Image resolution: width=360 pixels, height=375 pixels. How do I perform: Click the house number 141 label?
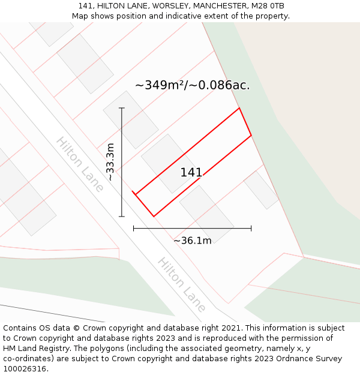[x=191, y=173]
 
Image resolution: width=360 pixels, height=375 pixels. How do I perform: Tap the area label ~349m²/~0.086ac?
[x=192, y=85]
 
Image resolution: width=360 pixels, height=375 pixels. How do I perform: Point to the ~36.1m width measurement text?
[x=192, y=241]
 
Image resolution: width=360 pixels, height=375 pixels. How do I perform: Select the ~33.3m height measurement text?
[x=110, y=162]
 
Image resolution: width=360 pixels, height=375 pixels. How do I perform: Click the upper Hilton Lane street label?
[x=80, y=164]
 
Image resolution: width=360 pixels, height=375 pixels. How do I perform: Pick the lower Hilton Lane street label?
[x=182, y=284]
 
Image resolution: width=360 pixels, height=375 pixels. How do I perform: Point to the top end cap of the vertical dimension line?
[x=122, y=108]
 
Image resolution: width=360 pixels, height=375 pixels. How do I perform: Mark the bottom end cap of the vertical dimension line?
[x=122, y=216]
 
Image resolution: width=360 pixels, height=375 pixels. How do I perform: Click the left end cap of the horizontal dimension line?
[x=134, y=228]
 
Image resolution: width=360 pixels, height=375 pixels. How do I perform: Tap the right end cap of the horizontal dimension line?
[x=251, y=228]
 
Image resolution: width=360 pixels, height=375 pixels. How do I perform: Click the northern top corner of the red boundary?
[x=239, y=108]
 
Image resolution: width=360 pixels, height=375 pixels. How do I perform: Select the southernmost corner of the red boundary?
[x=154, y=216]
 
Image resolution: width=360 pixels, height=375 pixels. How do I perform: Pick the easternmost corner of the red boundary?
[x=251, y=135]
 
